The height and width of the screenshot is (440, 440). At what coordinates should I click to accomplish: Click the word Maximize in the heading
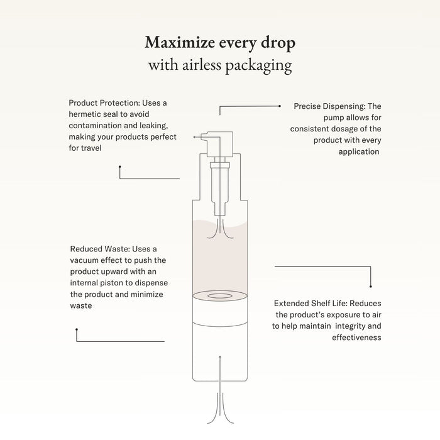[x=180, y=42]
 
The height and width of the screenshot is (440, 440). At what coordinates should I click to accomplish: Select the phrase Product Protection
[x=104, y=103]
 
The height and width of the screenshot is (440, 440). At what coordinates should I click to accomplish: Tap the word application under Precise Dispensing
[x=359, y=152]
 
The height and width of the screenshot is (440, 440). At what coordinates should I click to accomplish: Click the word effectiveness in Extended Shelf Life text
[x=356, y=338]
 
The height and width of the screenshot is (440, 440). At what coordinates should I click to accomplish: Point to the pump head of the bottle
[x=219, y=144]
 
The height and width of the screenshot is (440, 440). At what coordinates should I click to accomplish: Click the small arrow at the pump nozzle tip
[x=194, y=137]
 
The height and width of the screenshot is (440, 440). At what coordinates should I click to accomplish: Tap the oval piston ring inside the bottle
[x=220, y=296]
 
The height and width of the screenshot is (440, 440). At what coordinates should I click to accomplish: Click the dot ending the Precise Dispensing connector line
[x=280, y=106]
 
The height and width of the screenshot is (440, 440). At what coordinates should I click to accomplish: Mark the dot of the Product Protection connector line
[x=120, y=167]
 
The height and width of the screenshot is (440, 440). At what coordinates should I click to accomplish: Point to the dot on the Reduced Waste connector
[x=77, y=329]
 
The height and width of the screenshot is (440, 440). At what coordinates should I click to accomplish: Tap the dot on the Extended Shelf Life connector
[x=371, y=287]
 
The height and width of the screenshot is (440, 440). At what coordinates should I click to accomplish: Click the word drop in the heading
[x=278, y=43]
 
